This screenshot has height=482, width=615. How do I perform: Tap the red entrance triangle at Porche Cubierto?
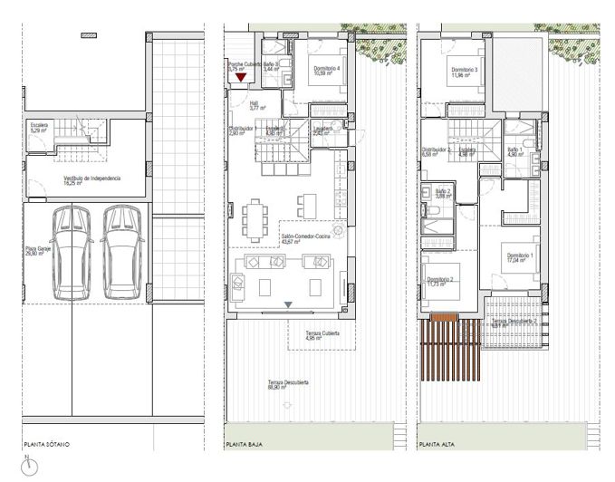[240, 79]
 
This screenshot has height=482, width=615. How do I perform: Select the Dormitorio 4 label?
[325, 71]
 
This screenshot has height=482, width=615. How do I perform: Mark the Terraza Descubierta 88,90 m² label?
[288, 385]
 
